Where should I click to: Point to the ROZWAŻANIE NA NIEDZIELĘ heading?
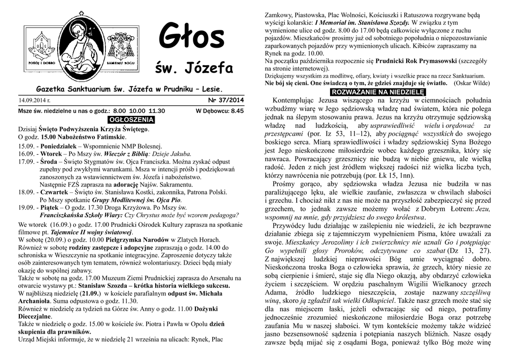coord(378,92)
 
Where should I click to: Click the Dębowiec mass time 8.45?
coord(238,111)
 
